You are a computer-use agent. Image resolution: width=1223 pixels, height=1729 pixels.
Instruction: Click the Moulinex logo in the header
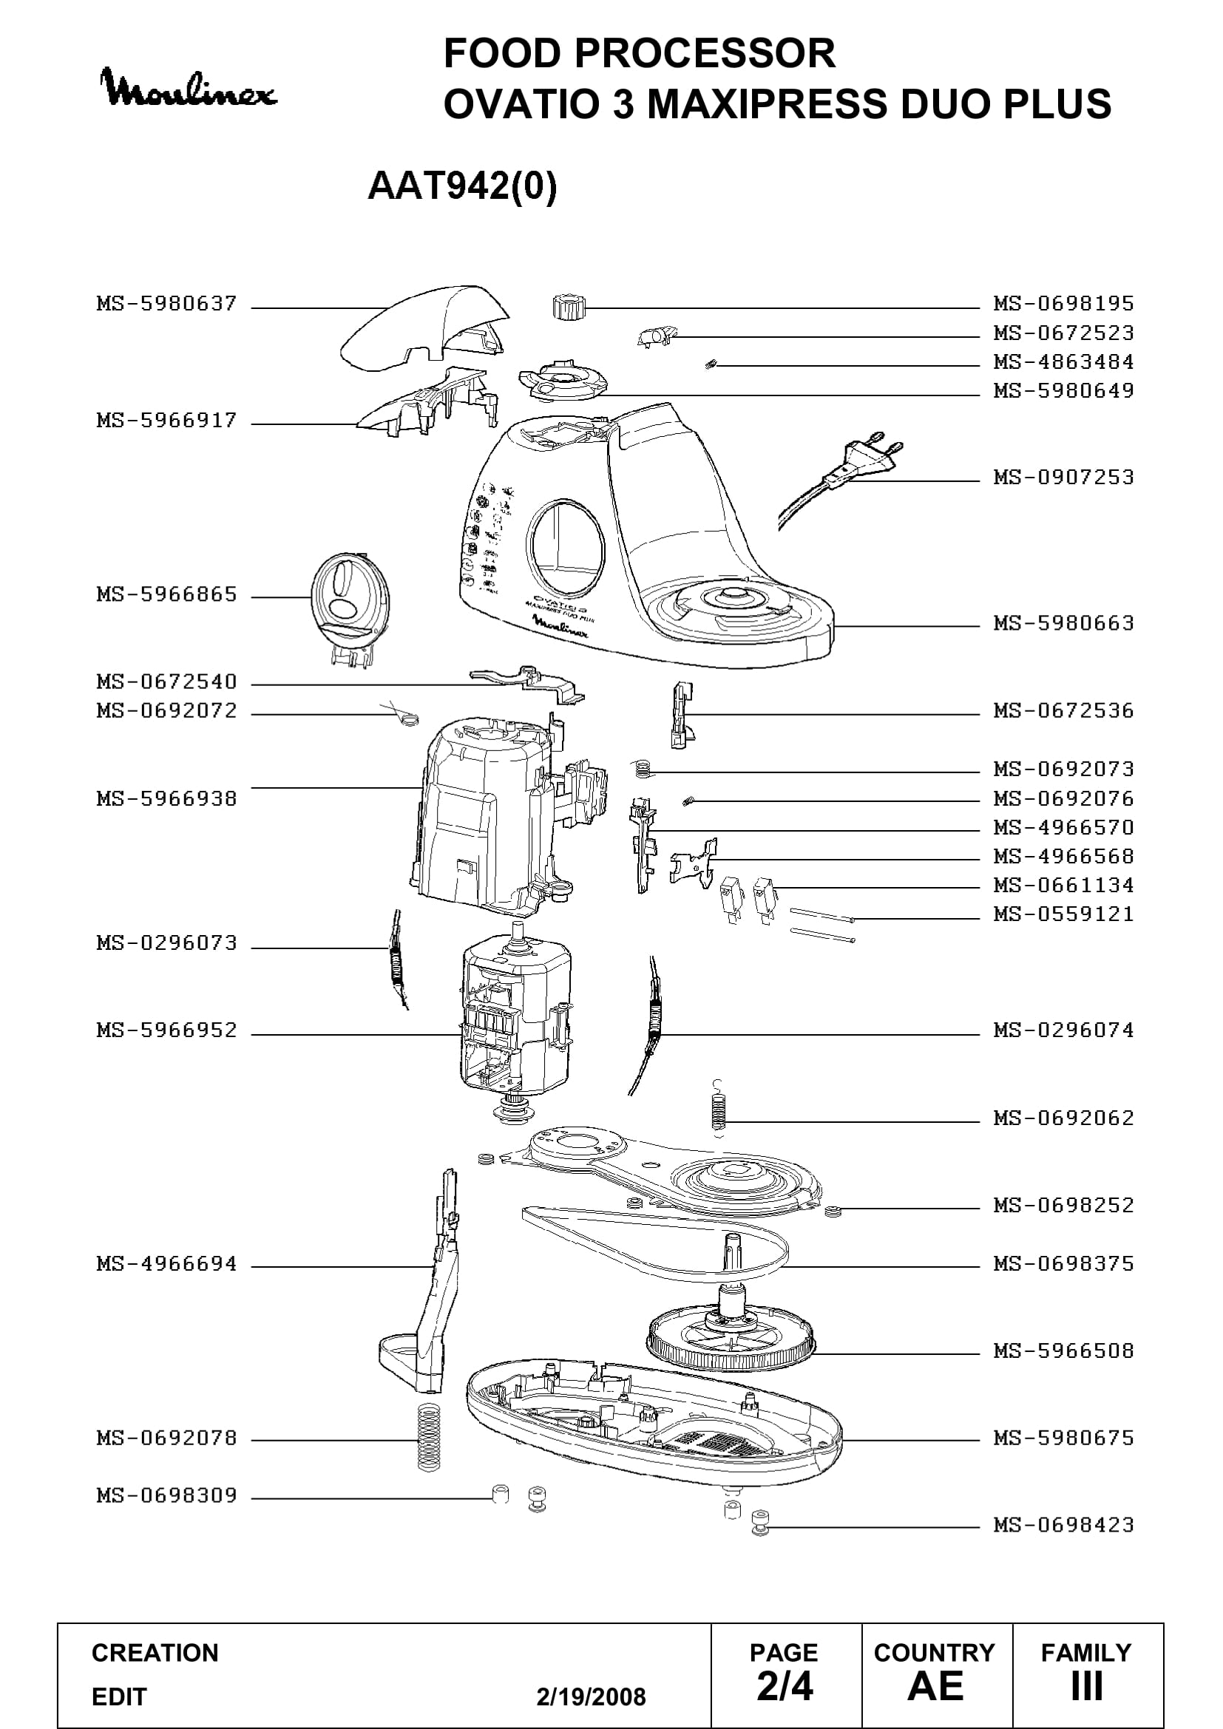189,89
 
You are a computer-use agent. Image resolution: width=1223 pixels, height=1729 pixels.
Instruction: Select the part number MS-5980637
166,304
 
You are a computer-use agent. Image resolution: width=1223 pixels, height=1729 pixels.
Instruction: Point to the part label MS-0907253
1063,478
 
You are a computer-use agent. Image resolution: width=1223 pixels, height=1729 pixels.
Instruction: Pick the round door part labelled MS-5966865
350,607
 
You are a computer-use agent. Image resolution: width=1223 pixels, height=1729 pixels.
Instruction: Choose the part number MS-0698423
1063,1525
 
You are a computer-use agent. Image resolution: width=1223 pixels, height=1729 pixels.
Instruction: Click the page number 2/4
785,1686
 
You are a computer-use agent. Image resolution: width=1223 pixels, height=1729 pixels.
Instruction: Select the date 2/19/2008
592,1696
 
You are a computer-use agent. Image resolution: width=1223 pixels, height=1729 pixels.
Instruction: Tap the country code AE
935,1686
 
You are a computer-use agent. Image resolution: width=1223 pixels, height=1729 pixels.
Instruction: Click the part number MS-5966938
166,798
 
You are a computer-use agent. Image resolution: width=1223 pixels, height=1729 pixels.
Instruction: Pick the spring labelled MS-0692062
719,1108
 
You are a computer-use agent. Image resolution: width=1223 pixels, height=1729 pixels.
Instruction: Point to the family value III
1087,1686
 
